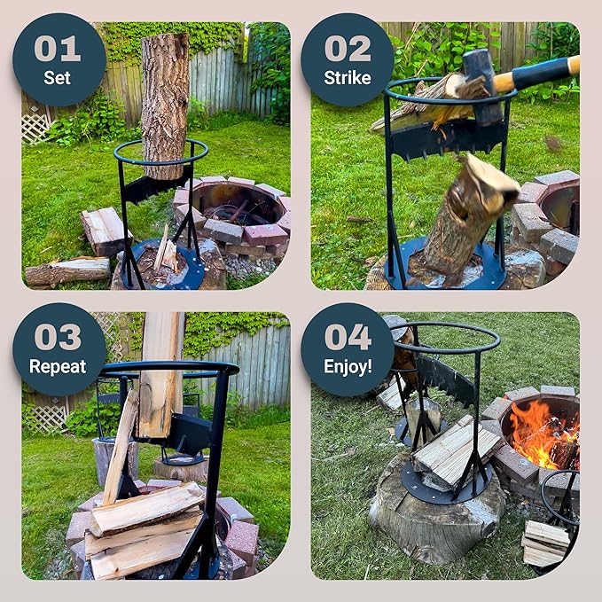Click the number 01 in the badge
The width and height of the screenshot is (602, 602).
tap(58, 49)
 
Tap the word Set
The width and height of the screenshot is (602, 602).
tap(58, 78)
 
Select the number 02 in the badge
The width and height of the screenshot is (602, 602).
tap(348, 49)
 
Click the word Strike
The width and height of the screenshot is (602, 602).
tap(348, 78)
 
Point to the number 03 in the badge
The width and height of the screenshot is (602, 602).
tap(58, 337)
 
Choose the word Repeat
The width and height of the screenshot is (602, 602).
tap(58, 367)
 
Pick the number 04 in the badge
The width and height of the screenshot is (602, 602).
tap(348, 337)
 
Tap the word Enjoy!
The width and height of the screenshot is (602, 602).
tap(348, 367)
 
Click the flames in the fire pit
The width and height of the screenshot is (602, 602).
tap(542, 434)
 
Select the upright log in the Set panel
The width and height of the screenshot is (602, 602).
tap(165, 106)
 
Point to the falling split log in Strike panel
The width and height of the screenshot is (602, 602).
tap(470, 215)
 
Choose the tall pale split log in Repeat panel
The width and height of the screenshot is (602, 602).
tap(161, 374)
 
